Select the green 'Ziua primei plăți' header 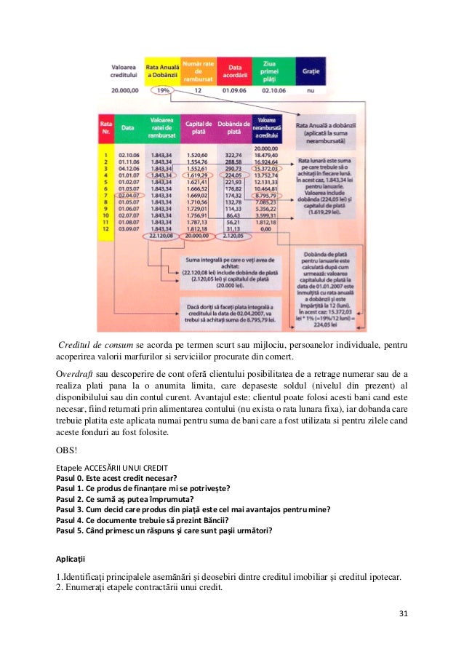[271, 73]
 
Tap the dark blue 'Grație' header [310, 73]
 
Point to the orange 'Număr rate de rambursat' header [198, 73]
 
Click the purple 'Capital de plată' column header [198, 128]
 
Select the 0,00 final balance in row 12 [269, 229]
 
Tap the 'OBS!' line [68, 449]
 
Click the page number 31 [404, 613]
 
